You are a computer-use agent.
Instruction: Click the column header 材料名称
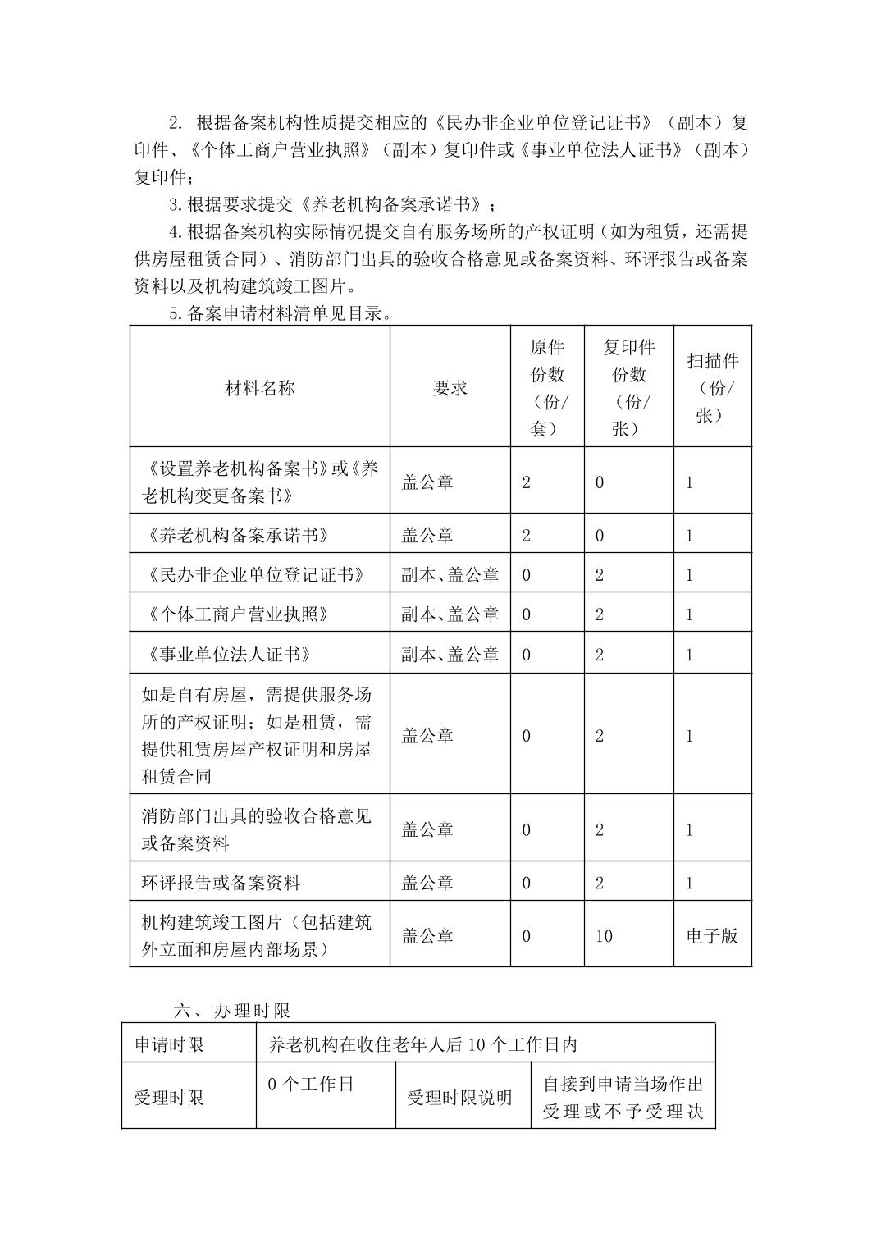pos(259,388)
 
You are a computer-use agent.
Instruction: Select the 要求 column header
pos(450,388)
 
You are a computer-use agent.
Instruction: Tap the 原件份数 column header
pos(547,387)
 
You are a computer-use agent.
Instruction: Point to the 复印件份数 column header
pos(629,387)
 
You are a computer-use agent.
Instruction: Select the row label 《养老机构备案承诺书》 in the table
pos(239,535)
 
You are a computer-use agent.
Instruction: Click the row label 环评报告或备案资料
pos(221,883)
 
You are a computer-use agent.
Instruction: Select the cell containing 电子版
pos(712,936)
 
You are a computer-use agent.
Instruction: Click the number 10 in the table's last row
pos(604,936)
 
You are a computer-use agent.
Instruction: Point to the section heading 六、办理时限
pos(232,1010)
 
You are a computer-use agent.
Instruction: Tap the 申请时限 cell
pos(169,1044)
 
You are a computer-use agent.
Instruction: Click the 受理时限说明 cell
pos(459,1097)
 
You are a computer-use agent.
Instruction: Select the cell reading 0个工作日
pos(311,1084)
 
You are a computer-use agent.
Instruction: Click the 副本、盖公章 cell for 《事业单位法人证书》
pos(450,654)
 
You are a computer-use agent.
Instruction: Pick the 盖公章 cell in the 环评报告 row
pos(427,883)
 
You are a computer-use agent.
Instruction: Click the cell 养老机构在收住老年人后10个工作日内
pos(423,1044)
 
